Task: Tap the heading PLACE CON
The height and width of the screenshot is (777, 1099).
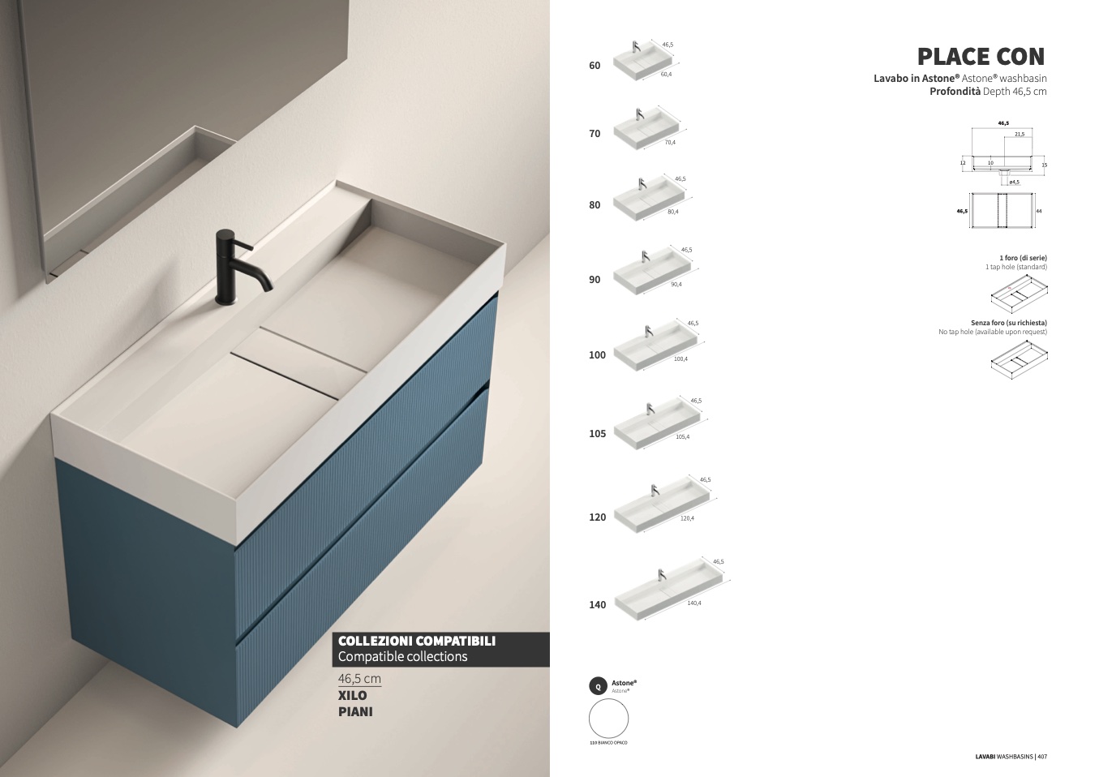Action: [981, 56]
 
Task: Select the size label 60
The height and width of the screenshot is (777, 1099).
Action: [595, 66]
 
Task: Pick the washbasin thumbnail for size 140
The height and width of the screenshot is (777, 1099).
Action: [668, 590]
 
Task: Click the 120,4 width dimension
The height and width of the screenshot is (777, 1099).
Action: [687, 518]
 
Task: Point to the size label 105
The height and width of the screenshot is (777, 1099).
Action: [597, 434]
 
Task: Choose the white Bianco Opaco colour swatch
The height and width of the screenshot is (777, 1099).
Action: [608, 718]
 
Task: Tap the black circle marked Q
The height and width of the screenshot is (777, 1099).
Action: [598, 686]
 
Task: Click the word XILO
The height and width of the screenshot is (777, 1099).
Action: [352, 695]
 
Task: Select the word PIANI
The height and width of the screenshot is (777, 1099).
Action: [355, 712]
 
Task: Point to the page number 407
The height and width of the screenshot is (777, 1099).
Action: [1042, 757]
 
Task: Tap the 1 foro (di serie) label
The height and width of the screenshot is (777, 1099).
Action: [1023, 258]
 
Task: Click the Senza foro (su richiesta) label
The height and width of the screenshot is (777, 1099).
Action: [1008, 323]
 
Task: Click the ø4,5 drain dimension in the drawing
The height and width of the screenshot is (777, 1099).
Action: [1014, 182]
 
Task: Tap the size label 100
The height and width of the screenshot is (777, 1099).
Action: [597, 355]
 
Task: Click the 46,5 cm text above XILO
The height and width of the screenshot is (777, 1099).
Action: [359, 679]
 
